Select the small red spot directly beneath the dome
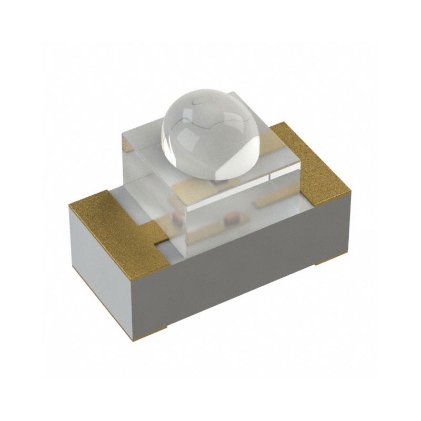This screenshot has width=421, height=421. point(216,181)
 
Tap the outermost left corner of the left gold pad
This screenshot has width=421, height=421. point(69,207)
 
